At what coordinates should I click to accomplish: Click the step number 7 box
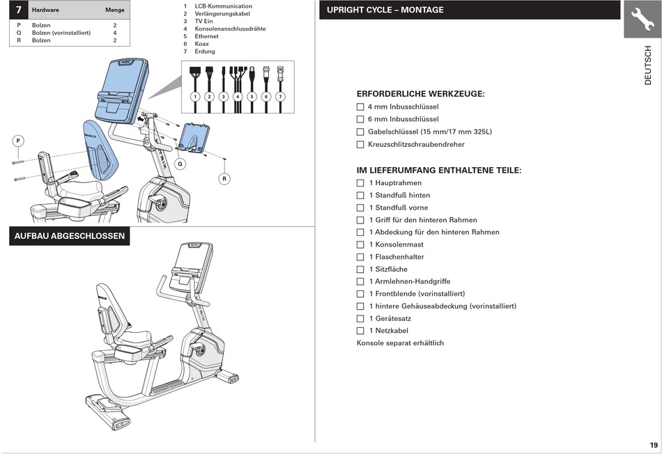pyautogui.click(x=18, y=10)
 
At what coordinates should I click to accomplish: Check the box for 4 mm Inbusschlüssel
pyautogui.click(x=360, y=107)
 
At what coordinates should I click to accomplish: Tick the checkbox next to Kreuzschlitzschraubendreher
pyautogui.click(x=360, y=145)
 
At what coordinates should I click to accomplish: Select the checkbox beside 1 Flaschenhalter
pyautogui.click(x=360, y=257)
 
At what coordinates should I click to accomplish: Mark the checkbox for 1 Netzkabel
pyautogui.click(x=360, y=331)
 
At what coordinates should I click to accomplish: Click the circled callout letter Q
pyautogui.click(x=180, y=164)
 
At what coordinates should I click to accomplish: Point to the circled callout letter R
pyautogui.click(x=224, y=179)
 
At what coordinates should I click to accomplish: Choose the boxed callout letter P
pyautogui.click(x=17, y=141)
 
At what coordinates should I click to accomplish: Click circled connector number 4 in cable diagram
pyautogui.click(x=238, y=96)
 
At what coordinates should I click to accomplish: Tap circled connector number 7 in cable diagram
pyautogui.click(x=280, y=96)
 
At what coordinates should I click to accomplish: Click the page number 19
pyautogui.click(x=653, y=446)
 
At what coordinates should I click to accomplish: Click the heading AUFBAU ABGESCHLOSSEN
pyautogui.click(x=70, y=236)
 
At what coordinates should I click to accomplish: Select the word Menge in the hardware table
pyautogui.click(x=114, y=10)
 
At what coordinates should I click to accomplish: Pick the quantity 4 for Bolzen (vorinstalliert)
pyautogui.click(x=115, y=33)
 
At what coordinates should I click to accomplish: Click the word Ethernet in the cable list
pyautogui.click(x=206, y=36)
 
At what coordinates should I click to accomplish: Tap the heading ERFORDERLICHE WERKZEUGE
pyautogui.click(x=420, y=93)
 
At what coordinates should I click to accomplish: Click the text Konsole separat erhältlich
pyautogui.click(x=400, y=343)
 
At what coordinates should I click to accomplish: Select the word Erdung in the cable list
pyautogui.click(x=205, y=52)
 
